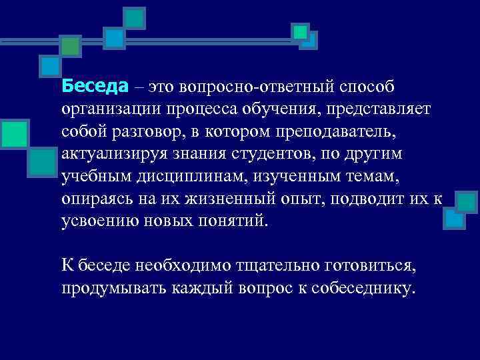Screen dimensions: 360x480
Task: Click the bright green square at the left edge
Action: pyautogui.click(x=13, y=133)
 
